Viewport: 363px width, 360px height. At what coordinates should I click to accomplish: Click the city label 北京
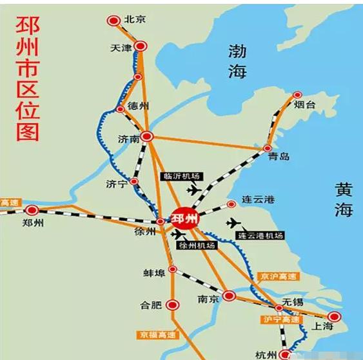136,20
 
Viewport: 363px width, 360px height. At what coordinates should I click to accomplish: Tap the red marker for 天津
141,46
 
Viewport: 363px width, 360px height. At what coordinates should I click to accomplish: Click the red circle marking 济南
148,136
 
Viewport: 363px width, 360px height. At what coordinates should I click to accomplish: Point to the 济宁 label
115,184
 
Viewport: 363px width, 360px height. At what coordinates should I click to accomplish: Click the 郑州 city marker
31,210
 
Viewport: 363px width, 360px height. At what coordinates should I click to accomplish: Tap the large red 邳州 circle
184,219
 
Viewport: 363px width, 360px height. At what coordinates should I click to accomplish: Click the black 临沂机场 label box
181,176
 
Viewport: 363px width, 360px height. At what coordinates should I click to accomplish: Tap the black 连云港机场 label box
260,235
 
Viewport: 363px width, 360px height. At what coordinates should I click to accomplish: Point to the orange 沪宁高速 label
280,319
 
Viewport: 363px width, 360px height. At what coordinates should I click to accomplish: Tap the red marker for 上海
333,316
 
